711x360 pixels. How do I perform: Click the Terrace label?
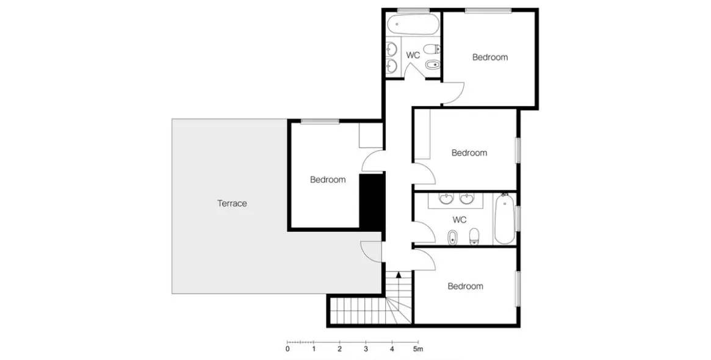point(232,204)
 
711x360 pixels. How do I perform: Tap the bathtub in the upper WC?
point(413,24)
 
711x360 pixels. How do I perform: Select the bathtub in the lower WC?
point(504,218)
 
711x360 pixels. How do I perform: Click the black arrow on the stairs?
point(399,275)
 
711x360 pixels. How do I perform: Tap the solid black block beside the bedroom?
point(372,201)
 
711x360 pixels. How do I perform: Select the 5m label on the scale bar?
point(417,349)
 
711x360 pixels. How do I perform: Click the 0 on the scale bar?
point(287,349)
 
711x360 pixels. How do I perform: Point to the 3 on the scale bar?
point(366,349)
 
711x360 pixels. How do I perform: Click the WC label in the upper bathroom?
point(413,56)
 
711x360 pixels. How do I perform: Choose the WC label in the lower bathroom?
point(460,220)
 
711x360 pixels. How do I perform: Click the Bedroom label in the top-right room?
point(489,57)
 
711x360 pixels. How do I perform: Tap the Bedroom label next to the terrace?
point(327,179)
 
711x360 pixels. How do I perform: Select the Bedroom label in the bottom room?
point(465,286)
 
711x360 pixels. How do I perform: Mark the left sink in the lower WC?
point(447,198)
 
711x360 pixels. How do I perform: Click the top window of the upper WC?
point(413,10)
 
